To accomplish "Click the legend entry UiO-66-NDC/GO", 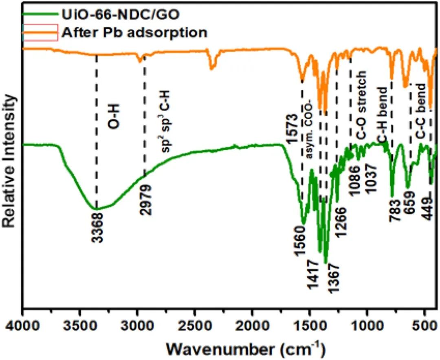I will pyautogui.click(x=121, y=15).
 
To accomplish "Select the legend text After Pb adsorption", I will pyautogui.click(x=134, y=32).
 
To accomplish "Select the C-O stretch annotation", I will pyautogui.click(x=362, y=106).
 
